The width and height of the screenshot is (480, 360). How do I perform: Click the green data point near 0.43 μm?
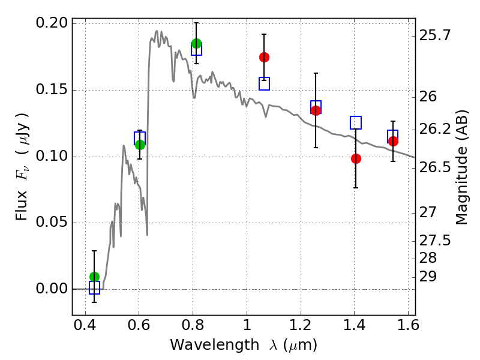[94, 277]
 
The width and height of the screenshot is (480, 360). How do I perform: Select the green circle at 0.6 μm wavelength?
[140, 145]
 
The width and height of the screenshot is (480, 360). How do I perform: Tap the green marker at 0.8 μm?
[196, 43]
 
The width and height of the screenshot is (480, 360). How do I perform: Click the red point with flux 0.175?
[264, 57]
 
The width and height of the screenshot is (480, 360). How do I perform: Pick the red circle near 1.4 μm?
[356, 158]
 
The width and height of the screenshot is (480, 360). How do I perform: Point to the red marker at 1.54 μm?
[393, 141]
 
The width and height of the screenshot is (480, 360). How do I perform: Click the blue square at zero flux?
[94, 288]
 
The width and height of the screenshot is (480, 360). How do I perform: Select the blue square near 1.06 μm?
[264, 83]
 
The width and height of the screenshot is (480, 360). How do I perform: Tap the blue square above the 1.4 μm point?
[356, 122]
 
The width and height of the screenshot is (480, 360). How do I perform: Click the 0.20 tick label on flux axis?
[52, 23]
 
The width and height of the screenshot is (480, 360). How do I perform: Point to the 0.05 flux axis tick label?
[52, 223]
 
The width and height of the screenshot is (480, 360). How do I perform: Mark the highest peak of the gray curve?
[157, 31]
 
